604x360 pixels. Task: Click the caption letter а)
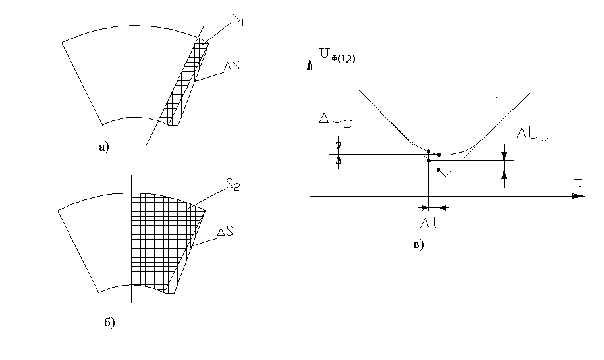103,147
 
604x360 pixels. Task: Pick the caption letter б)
109,322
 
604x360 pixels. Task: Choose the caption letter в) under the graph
418,245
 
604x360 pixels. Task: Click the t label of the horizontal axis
578,182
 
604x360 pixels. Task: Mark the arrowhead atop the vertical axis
308,64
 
